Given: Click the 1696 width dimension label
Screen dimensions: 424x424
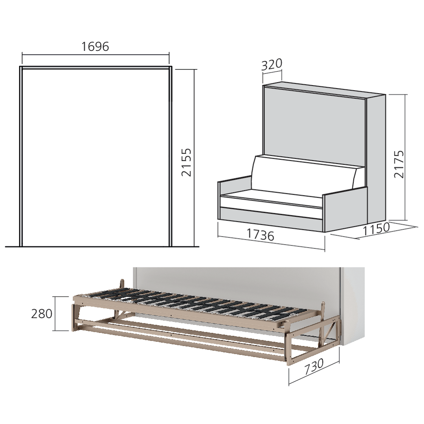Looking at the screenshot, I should (x=95, y=46).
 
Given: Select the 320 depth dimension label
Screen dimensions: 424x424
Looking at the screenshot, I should (x=272, y=65).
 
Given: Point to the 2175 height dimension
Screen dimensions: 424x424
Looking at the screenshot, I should (x=400, y=165).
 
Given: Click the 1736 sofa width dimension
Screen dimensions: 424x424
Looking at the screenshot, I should (x=259, y=234).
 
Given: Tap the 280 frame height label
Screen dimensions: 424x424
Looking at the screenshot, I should (x=42, y=314).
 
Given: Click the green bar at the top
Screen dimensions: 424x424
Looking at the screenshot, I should (x=212, y=17).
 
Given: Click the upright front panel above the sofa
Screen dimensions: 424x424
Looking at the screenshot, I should (x=314, y=123).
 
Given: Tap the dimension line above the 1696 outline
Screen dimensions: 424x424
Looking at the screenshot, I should (x=95, y=54).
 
